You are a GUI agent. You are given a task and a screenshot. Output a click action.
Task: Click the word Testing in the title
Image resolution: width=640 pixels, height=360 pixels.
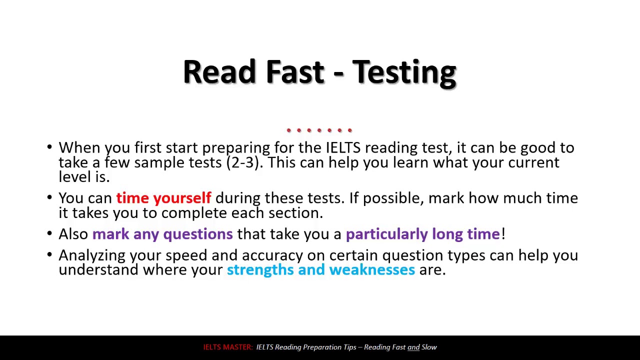coord(404,72)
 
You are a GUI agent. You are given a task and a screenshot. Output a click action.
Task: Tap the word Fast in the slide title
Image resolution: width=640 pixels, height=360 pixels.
coord(294,72)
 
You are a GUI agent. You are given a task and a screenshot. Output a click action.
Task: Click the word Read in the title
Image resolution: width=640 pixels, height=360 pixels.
coord(219,72)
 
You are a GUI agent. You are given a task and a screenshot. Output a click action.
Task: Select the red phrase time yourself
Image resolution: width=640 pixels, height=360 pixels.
coord(163,198)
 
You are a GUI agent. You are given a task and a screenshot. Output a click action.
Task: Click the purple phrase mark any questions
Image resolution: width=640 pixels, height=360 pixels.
coord(162,234)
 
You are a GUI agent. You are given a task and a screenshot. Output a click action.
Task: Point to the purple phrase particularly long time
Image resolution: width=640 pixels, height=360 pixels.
coord(422,234)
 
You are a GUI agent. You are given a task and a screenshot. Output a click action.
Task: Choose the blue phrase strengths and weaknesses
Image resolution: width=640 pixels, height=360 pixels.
coord(320,269)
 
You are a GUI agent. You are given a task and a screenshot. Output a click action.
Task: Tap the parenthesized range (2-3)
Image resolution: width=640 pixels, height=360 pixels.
coord(243,162)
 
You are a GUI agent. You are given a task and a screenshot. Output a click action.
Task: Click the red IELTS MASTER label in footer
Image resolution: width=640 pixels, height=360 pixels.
coord(227,347)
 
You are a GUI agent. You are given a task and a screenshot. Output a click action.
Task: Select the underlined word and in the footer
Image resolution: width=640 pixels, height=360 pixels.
coord(413,347)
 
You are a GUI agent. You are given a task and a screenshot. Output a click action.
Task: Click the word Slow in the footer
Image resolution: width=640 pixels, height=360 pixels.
coord(429,347)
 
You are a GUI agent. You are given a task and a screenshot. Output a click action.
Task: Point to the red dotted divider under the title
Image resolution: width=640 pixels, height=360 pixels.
coord(319,130)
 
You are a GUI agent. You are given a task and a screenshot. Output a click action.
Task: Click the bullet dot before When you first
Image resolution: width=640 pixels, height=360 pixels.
coord(49,147)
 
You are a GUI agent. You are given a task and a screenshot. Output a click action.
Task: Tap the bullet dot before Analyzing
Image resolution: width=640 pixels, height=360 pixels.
coord(49,255)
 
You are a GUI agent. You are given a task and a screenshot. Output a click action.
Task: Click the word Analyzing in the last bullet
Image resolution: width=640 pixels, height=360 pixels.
coord(92,255)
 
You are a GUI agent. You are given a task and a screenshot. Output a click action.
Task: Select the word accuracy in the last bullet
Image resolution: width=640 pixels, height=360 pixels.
coord(272,255)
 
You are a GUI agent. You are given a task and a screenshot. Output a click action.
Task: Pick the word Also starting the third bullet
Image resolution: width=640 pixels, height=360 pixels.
coord(73,234)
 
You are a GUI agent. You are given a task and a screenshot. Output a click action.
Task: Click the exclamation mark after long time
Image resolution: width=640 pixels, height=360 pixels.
coord(503,234)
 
